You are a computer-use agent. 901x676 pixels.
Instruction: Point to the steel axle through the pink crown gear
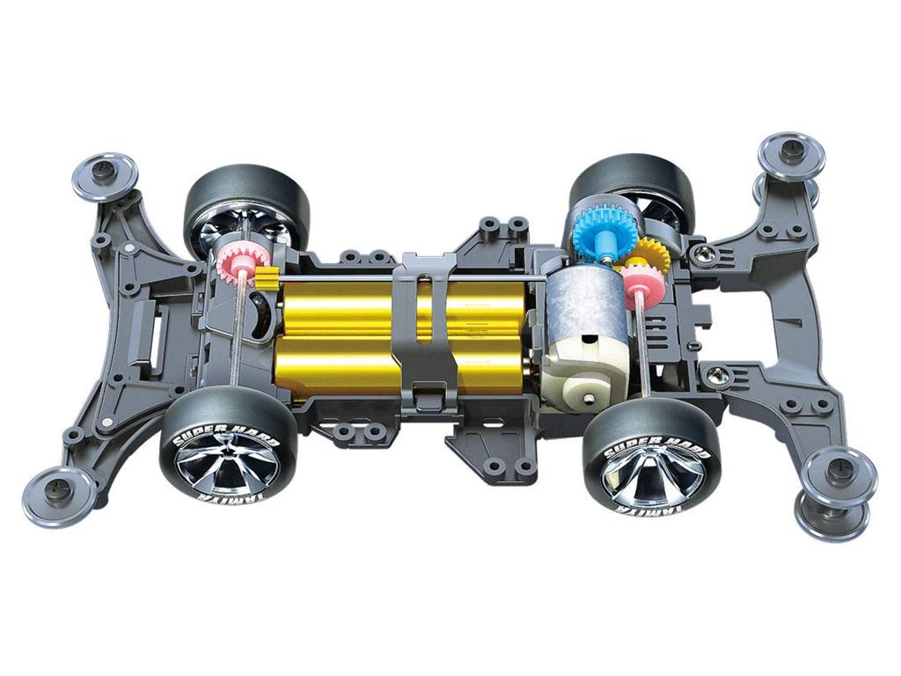point(235,334)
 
